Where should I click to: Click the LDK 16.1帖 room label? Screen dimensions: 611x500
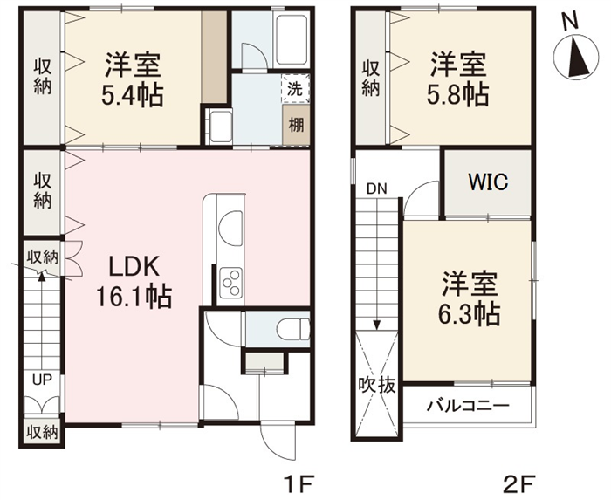tap(134, 283)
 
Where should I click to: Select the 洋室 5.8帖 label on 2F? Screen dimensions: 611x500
tap(458, 79)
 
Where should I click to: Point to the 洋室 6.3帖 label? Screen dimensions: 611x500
tap(470, 298)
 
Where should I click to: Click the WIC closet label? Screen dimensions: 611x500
tap(488, 182)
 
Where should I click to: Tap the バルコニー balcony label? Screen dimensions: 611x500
tap(468, 407)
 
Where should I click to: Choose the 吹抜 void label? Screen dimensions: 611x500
tap(377, 385)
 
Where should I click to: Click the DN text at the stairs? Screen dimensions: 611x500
tap(377, 188)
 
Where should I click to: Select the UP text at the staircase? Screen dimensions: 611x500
tap(42, 380)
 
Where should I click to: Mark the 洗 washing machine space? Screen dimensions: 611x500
tap(295, 89)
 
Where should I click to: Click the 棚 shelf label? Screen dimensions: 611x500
tap(296, 126)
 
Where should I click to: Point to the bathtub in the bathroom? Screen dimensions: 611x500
tap(291, 39)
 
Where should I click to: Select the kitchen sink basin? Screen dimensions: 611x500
tap(230, 228)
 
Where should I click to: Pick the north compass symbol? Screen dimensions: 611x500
tap(577, 56)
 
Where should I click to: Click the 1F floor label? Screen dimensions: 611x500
tap(299, 485)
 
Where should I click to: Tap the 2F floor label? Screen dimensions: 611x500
tap(518, 485)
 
